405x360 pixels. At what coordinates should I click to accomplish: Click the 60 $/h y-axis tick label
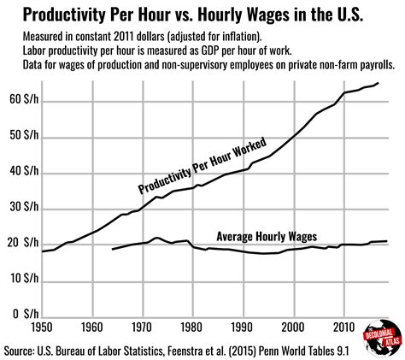tap(18, 102)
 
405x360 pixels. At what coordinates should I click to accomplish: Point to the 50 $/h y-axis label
tap(18, 138)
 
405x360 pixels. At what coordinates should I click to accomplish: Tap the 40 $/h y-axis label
tap(18, 174)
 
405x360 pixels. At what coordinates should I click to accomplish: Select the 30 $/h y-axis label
tap(18, 210)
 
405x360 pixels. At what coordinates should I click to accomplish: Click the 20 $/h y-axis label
tap(18, 245)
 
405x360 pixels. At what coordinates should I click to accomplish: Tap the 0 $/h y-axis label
tap(21, 316)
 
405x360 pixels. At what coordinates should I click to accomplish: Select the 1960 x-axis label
tap(98, 328)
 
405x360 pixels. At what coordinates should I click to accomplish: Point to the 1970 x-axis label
tap(154, 328)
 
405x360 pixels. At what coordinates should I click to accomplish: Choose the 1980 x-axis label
tap(209, 328)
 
